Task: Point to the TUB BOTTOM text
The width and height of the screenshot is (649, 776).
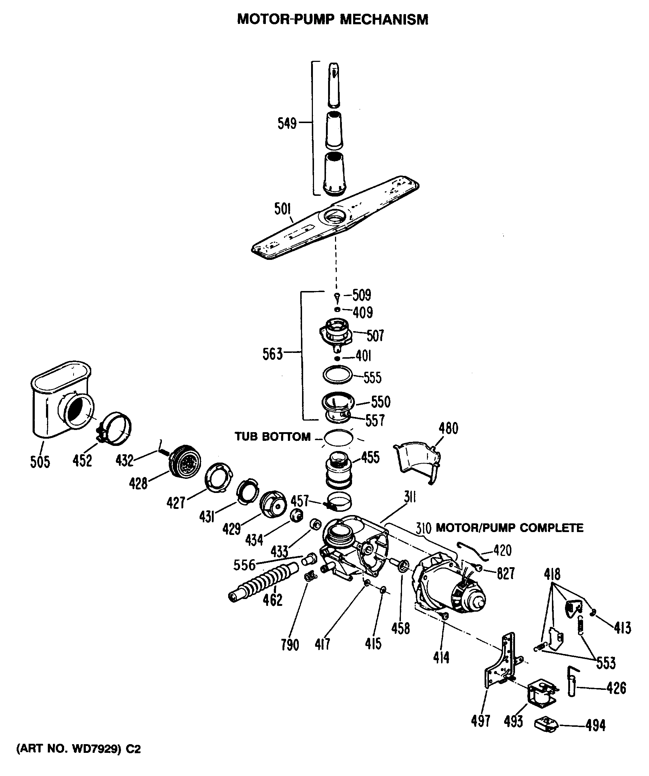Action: tap(273, 437)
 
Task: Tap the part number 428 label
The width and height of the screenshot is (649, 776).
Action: tap(138, 483)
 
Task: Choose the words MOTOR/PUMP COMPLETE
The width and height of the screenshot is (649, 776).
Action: tap(510, 528)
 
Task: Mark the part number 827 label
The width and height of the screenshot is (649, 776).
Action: tap(505, 574)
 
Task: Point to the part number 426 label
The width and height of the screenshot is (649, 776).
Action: tap(616, 688)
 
